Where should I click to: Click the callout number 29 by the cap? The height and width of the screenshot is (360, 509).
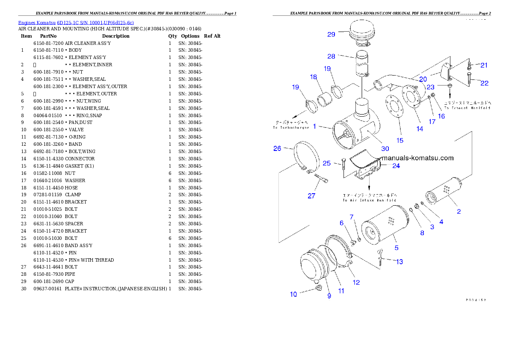[331, 34]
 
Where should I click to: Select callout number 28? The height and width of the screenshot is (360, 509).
[331, 56]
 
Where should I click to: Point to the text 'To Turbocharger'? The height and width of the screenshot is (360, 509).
[291, 127]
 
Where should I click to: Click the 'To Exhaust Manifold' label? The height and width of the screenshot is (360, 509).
[467, 108]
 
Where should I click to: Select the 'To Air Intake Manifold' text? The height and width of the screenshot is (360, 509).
[370, 200]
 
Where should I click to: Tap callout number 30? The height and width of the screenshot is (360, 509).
[385, 149]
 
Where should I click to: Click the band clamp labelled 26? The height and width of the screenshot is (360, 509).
[306, 156]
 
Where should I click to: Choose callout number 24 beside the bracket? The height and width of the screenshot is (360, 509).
[396, 166]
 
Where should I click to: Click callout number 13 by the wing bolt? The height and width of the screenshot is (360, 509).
[399, 262]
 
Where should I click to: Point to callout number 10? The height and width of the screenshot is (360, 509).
[293, 294]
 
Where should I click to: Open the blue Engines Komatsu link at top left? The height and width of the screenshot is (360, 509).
[76, 23]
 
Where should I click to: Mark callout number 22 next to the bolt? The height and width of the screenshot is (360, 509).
[484, 83]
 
